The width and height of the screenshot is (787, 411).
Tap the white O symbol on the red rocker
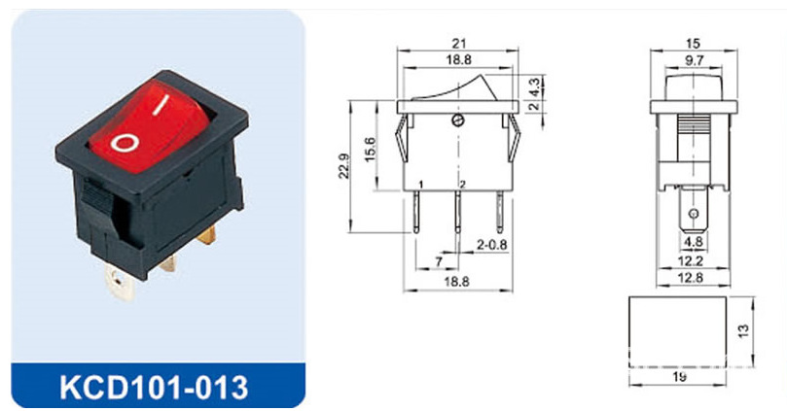coord(125,145)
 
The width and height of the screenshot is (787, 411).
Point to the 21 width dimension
coord(457,43)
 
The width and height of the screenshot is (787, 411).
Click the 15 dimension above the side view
coord(692,43)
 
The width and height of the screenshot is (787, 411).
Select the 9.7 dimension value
coord(694,60)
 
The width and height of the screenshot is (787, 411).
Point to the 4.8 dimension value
coord(692,243)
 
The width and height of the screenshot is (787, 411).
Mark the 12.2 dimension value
coord(692,260)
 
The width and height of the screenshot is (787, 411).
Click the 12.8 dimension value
coord(692,279)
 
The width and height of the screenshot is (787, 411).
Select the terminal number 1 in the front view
coord(419,184)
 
